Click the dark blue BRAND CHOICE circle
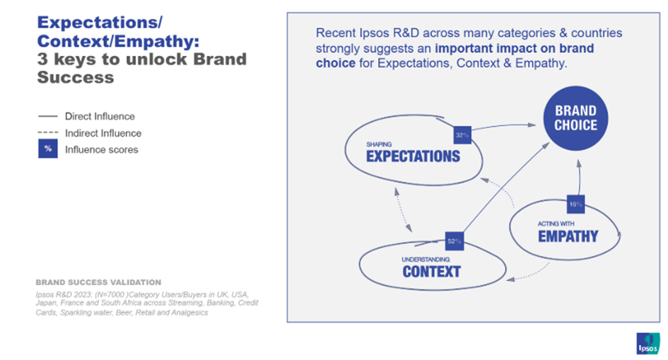click(x=575, y=118)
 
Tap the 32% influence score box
click(x=462, y=135)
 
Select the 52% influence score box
click(x=454, y=241)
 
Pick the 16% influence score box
click(x=575, y=204)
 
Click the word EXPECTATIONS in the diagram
click(x=412, y=156)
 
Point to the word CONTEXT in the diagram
click(x=431, y=271)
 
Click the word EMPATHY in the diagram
click(x=568, y=236)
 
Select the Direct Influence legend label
click(x=99, y=116)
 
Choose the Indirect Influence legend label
click(x=102, y=133)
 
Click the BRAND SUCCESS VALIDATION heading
click(x=98, y=282)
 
